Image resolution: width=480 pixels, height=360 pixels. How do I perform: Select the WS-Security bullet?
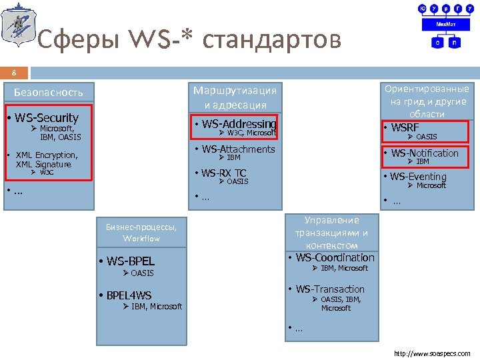[x=45, y=117]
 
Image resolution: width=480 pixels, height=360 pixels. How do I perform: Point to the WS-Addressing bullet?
[x=239, y=123]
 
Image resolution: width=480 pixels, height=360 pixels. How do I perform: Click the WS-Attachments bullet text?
[x=238, y=149]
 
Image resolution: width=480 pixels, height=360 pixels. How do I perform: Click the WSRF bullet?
[x=405, y=127]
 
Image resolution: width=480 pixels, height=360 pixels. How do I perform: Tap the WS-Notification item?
[x=425, y=153]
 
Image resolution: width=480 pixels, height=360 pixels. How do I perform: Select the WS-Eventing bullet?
[x=418, y=177]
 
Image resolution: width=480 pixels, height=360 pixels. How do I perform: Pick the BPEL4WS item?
[x=128, y=295]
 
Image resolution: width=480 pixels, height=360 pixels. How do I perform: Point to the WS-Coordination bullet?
[x=335, y=257]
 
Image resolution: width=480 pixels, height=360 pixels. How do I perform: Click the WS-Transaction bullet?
[x=330, y=289]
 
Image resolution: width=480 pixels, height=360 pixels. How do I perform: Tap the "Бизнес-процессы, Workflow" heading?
[x=141, y=233]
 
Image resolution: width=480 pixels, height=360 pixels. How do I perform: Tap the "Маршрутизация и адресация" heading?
[x=235, y=97]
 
